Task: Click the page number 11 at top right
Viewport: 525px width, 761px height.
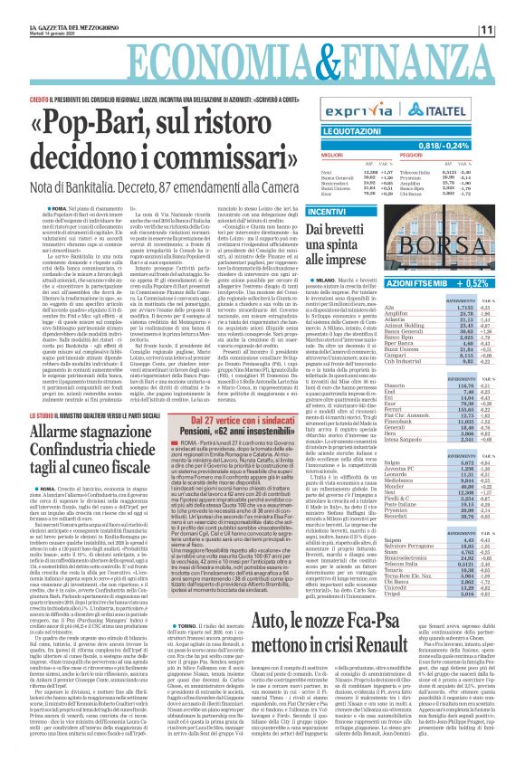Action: (511, 31)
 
